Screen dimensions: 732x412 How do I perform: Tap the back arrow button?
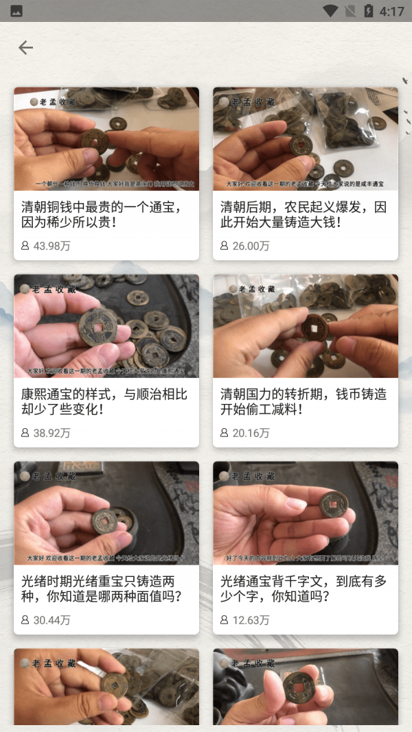pyautogui.click(x=25, y=47)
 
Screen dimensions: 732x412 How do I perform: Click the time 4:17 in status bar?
pyautogui.click(x=391, y=11)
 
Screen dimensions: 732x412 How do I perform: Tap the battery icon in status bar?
pyautogui.click(x=368, y=11)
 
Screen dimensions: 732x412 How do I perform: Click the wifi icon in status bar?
pyautogui.click(x=330, y=11)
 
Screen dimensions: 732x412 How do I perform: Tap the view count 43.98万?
pyautogui.click(x=51, y=246)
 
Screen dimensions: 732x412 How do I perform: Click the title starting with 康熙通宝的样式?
pyautogui.click(x=104, y=402)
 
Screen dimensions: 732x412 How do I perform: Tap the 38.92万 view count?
pyautogui.click(x=51, y=433)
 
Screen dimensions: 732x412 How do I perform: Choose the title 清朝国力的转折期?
pyautogui.click(x=303, y=402)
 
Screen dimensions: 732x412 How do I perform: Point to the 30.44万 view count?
pyautogui.click(x=51, y=620)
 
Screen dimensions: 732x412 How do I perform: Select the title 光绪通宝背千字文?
pyautogui.click(x=303, y=589)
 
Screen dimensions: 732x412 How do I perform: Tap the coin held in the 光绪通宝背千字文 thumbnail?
pyautogui.click(x=334, y=505)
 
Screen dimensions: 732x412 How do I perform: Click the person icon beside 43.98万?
pyautogui.click(x=25, y=246)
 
